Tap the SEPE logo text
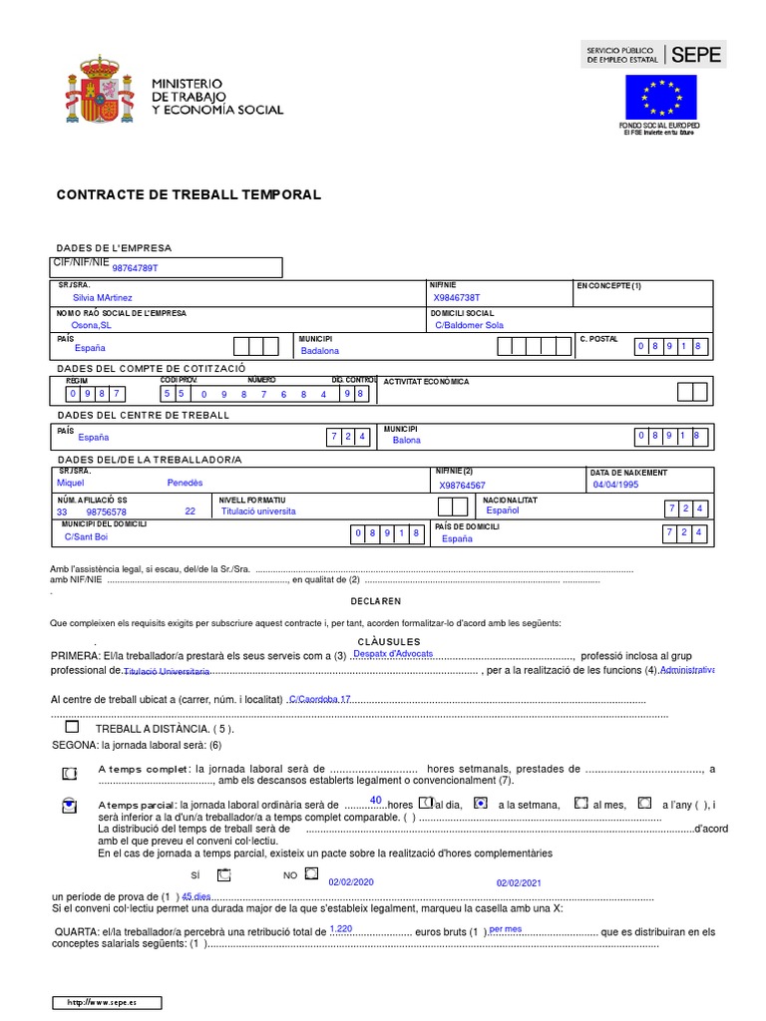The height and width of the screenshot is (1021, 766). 695,56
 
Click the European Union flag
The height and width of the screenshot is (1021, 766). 661,97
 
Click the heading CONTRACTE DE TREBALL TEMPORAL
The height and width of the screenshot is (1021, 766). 189,195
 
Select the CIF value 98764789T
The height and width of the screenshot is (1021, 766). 135,268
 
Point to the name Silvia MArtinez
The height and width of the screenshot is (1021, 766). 102,297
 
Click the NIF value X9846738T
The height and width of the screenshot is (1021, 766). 456,297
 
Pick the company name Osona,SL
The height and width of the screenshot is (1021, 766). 92,324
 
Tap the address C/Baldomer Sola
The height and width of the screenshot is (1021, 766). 470,324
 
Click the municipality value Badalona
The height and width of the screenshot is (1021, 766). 319,351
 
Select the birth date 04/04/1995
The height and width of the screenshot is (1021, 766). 615,485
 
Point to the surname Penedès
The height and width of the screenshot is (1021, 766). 185,483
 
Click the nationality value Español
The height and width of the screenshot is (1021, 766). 503,510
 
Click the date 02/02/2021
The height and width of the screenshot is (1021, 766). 519,882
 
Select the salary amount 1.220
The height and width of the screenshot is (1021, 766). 341,928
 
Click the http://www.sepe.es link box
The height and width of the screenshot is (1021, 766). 107,1002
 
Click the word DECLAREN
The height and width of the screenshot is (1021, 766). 375,601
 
